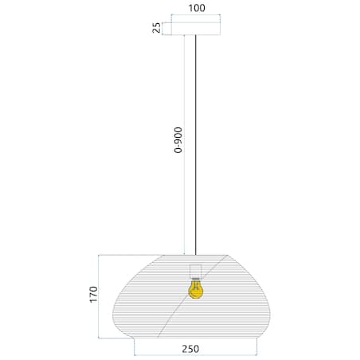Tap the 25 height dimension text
click(158, 28)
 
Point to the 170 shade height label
click(93, 294)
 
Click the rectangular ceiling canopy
click(196, 28)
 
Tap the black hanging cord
click(196, 159)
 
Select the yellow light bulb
click(195, 288)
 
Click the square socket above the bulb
click(195, 268)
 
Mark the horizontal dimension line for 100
click(196, 17)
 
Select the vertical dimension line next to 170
click(99, 295)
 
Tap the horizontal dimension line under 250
click(195, 354)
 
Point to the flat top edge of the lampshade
click(196, 255)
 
